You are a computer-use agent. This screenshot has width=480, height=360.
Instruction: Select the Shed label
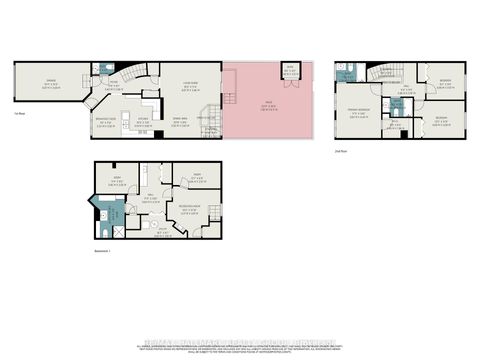tap(291, 68)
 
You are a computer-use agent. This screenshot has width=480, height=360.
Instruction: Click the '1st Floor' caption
tap(19, 114)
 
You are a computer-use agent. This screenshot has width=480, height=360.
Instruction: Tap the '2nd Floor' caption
tap(340, 151)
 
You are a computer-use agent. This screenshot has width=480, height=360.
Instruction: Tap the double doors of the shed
tap(291, 79)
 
